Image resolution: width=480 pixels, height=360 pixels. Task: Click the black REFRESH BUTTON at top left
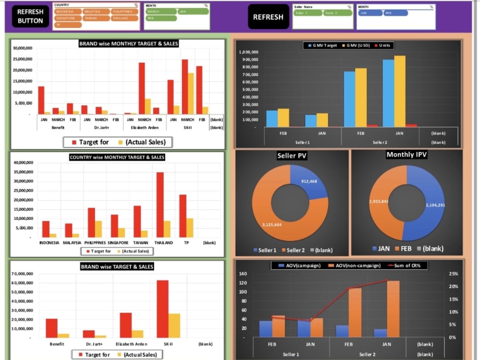[x=31, y=16]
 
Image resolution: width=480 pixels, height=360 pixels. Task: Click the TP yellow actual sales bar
[x=190, y=228]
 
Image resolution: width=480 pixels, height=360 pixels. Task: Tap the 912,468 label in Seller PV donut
[x=309, y=181]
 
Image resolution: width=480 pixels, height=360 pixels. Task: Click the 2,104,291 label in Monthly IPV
[x=435, y=205]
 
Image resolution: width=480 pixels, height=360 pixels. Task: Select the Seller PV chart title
[x=292, y=156]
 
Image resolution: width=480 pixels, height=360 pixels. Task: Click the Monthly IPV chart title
[x=407, y=155]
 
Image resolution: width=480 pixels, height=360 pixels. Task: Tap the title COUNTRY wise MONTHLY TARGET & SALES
[x=117, y=157]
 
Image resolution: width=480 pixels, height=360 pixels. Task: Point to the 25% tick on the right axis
[x=453, y=274]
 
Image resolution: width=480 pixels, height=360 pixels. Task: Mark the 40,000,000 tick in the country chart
[x=24, y=163]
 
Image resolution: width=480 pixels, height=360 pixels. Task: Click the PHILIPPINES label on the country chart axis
[x=96, y=243]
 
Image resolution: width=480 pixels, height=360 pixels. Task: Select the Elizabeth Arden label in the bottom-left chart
[x=132, y=344]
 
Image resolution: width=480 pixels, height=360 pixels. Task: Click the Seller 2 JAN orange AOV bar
[x=393, y=309]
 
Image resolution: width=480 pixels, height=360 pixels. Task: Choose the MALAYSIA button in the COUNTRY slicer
[x=96, y=11]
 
